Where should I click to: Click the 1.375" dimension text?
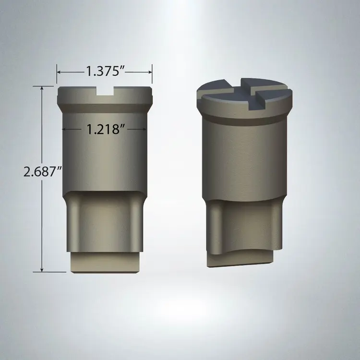[x=105, y=71]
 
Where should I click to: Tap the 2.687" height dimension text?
[x=43, y=171]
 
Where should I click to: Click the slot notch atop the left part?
[x=105, y=91]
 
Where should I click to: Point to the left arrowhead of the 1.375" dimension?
[x=59, y=72]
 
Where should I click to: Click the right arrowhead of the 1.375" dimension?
[x=150, y=72]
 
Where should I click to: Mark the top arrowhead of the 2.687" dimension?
[x=42, y=88]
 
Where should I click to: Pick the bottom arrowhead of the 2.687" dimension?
[x=42, y=270]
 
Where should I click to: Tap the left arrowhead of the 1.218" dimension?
[x=64, y=129]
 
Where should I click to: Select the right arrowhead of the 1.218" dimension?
[x=144, y=129]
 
